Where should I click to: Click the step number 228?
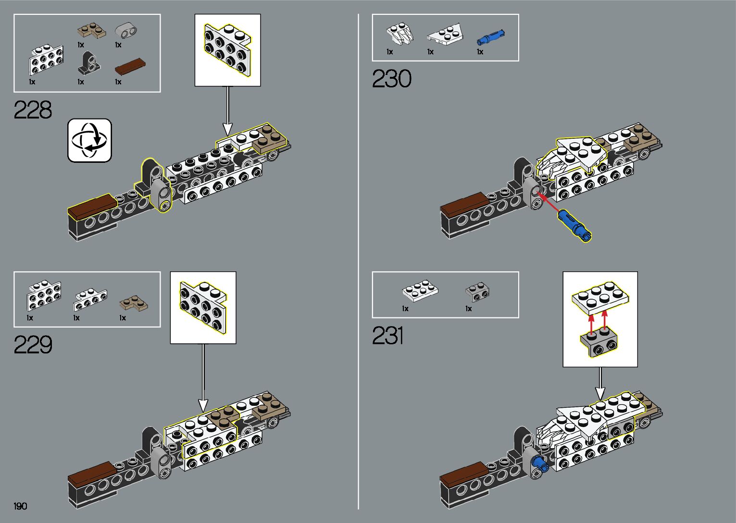click(x=33, y=110)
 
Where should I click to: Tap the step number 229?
click(x=33, y=345)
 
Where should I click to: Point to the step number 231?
click(x=387, y=336)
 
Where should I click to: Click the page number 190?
click(x=20, y=506)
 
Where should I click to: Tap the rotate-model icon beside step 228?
click(x=89, y=140)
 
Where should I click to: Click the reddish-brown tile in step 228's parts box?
click(x=130, y=66)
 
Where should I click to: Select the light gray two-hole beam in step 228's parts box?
click(x=126, y=31)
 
